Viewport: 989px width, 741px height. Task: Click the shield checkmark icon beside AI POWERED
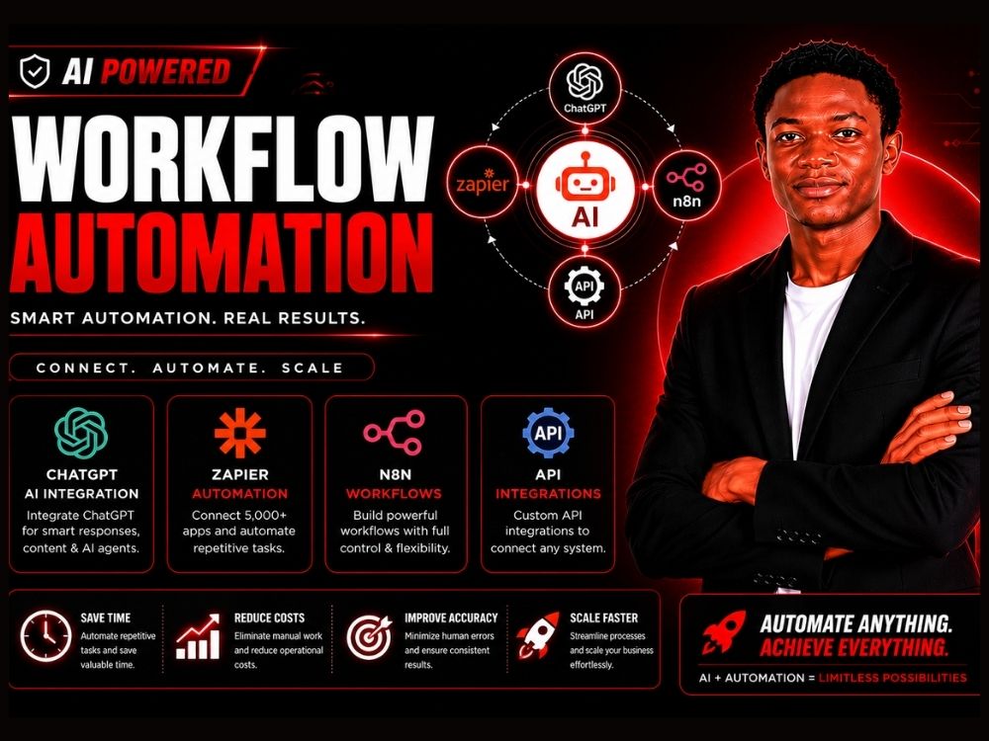[34, 70]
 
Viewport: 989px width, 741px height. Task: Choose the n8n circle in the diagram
[686, 186]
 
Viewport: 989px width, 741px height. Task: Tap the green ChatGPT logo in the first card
[81, 433]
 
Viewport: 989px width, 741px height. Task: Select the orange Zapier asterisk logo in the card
[239, 433]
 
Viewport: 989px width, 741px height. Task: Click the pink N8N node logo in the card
[395, 433]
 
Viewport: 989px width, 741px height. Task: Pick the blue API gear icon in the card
[548, 433]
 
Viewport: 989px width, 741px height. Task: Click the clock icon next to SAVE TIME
[46, 635]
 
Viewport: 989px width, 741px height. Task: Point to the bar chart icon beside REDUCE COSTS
[198, 636]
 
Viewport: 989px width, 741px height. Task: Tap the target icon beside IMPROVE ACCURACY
[370, 637]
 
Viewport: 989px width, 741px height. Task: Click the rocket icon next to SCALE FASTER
[537, 635]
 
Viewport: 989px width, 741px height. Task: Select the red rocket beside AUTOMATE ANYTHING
[724, 631]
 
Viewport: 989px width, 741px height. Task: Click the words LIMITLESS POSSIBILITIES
[892, 678]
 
